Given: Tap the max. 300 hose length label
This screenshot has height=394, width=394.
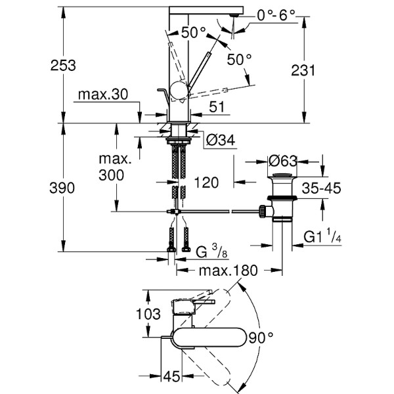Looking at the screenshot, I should (116, 167).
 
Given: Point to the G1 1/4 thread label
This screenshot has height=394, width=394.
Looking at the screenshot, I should (322, 237).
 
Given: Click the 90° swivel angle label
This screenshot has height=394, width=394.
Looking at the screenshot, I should (262, 338).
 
